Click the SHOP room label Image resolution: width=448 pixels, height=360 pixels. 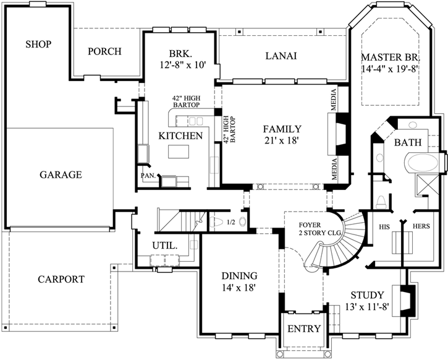tap(38, 44)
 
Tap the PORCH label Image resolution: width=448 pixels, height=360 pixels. tap(104, 51)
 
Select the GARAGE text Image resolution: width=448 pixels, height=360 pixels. tap(61, 175)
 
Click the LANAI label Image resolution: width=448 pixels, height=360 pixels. tap(281, 56)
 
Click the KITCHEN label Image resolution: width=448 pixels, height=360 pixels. tap(180, 136)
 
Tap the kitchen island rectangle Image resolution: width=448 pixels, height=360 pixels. tap(180, 151)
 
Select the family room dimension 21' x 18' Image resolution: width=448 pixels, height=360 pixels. tap(281, 141)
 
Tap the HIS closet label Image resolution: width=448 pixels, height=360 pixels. tap(387, 226)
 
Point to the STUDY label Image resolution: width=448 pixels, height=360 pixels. tap(367, 295)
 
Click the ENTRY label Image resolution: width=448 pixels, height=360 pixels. tap(303, 329)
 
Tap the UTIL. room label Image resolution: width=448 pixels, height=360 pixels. tap(165, 246)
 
